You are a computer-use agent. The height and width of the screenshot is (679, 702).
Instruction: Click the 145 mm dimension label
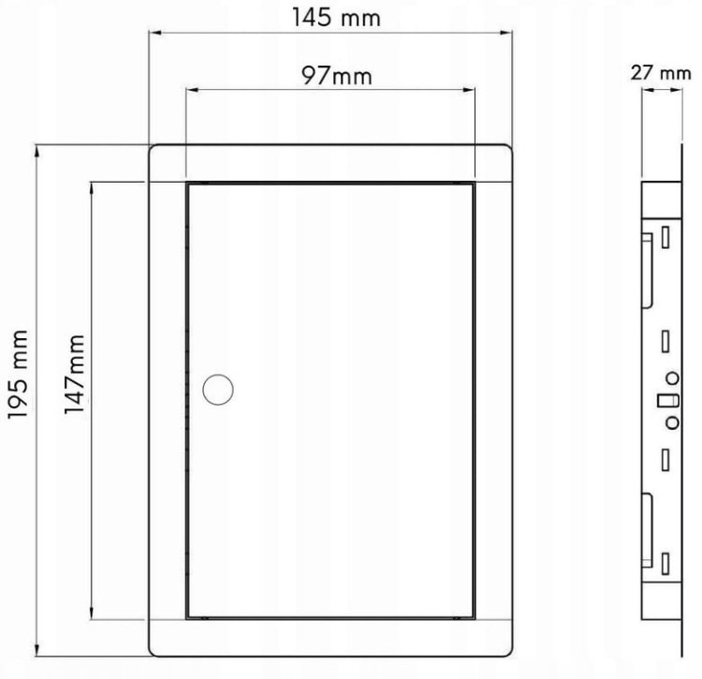tap(336, 19)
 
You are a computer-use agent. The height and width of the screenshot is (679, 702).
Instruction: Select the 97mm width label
tap(337, 76)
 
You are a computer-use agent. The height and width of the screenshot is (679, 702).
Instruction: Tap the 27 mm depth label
tap(661, 73)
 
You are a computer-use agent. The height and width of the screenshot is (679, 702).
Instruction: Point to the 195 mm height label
tap(19, 374)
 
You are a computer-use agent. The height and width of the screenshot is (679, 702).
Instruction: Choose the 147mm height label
tap(74, 374)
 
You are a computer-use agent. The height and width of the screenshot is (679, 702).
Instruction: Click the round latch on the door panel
tap(218, 390)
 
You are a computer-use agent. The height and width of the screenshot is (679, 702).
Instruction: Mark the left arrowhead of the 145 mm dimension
tap(154, 32)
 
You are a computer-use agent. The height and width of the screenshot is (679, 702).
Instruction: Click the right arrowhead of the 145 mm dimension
tap(505, 32)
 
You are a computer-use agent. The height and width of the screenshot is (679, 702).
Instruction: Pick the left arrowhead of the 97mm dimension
tap(192, 90)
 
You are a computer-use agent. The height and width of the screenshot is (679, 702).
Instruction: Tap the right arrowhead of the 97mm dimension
tap(469, 90)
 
